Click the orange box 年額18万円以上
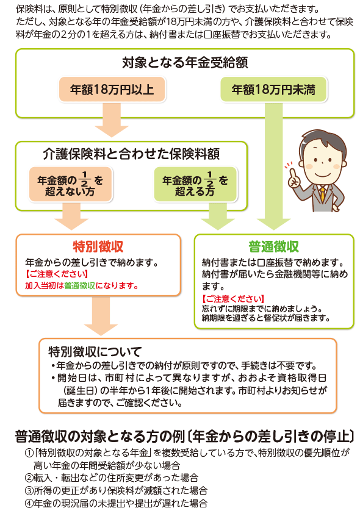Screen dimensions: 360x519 click(112, 90)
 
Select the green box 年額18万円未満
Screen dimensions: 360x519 click(273, 90)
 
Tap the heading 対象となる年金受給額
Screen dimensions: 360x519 click(185, 63)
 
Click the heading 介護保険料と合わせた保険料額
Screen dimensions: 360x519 click(131, 154)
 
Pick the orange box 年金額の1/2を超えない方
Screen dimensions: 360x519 click(71, 184)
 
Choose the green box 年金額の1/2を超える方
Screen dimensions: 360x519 click(195, 184)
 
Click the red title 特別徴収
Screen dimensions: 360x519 click(98, 246)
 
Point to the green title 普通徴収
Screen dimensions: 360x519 click(273, 246)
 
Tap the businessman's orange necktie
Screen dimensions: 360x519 click(322, 193)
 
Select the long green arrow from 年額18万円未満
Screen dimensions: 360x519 click(273, 165)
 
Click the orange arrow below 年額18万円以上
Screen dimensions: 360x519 click(112, 119)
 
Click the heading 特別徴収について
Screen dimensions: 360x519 click(95, 351)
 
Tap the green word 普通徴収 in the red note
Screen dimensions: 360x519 click(79, 285)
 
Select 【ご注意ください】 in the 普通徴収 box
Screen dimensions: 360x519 click(233, 299)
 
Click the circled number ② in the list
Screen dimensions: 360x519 click(29, 478)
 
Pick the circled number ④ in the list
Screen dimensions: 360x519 click(29, 503)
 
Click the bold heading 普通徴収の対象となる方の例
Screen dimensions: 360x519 click(99, 437)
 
